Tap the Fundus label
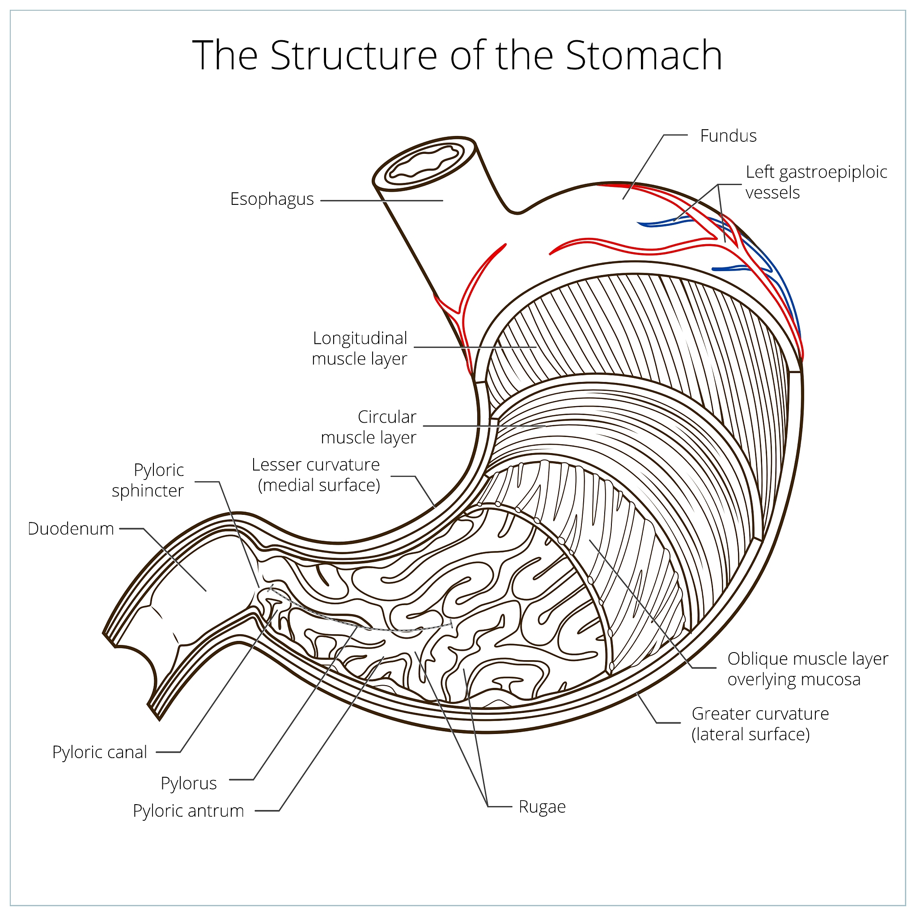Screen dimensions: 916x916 [728, 136]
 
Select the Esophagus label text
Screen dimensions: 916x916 [271, 199]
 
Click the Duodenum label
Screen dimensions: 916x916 [71, 529]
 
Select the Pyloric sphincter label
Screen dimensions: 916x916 [148, 480]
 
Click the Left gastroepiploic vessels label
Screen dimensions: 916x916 [816, 182]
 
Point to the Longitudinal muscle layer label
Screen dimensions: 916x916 [360, 348]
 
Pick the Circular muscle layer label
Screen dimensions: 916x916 [369, 427]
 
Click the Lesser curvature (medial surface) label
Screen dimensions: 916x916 [316, 475]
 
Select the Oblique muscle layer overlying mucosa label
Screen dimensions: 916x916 [807, 669]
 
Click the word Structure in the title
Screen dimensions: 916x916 [353, 55]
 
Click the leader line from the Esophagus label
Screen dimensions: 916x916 [382, 200]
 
